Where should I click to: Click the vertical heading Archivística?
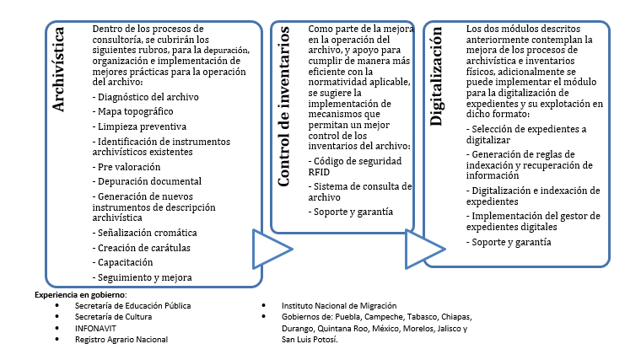coord(58,69)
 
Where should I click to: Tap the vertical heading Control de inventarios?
coord(283,107)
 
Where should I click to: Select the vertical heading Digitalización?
coord(436,77)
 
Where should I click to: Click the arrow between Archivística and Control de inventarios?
coord(272,249)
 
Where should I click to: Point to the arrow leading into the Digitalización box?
coord(425,249)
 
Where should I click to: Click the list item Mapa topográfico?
coord(132,111)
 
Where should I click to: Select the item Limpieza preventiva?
coord(139,126)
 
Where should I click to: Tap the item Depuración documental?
coord(147,181)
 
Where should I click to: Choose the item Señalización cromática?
coord(145,233)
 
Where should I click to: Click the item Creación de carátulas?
coord(142,248)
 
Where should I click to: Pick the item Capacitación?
coord(123,263)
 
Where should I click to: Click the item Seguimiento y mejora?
coord(143,277)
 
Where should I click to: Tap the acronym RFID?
coord(319,173)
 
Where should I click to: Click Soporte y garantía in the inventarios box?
coord(351,212)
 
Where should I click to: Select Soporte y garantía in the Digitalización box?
coord(509,242)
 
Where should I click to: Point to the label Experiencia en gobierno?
coord(80,295)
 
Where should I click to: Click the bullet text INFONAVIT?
coord(95,329)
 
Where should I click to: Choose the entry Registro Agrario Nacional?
coord(121,340)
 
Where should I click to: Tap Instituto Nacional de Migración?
coord(339,306)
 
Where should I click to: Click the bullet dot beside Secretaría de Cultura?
coord(57,317)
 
